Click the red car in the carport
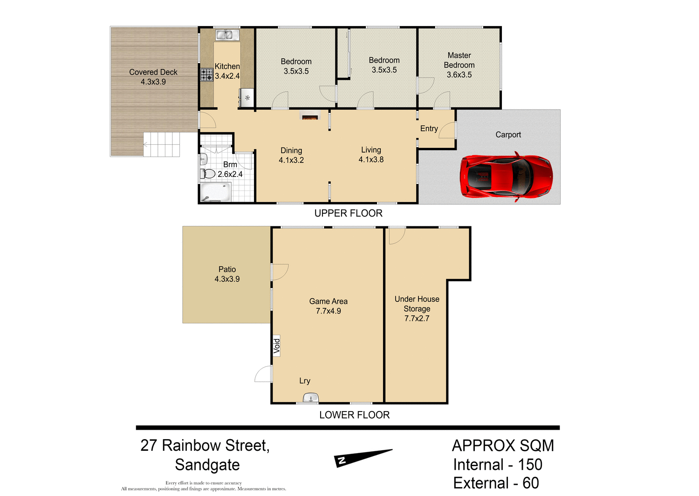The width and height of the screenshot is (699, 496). (506, 177)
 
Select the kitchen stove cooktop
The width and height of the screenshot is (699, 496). (206, 75)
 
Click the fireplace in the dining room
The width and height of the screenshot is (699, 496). (309, 117)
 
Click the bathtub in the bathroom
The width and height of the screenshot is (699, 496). (215, 192)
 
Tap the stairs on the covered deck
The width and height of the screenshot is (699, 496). (161, 144)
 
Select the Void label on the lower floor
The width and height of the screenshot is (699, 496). (277, 346)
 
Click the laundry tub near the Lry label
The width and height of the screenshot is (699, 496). (311, 398)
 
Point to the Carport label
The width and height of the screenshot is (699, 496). (508, 135)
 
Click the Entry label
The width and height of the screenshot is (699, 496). (429, 129)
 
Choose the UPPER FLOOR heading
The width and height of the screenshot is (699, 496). (348, 213)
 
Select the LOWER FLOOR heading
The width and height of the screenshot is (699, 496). (354, 415)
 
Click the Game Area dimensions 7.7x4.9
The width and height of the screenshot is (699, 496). (329, 311)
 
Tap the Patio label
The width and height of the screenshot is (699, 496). (227, 269)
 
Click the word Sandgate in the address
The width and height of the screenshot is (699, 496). (207, 465)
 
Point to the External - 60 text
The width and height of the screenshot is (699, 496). (496, 483)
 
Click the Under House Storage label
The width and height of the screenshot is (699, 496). (417, 304)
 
